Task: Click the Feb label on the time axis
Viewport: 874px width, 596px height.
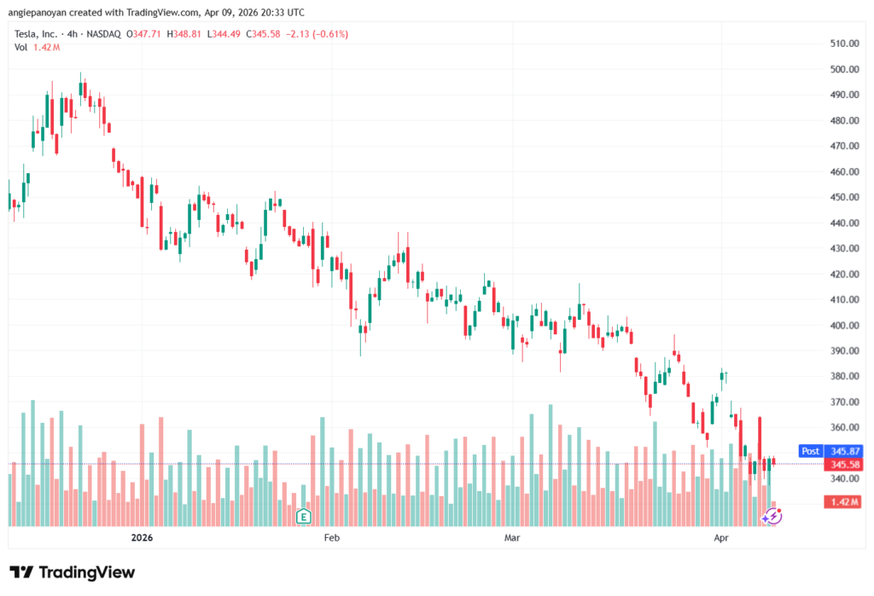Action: (x=331, y=538)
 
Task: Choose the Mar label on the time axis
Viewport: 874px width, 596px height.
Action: (x=512, y=538)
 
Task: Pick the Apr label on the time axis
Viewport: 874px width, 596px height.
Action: (x=721, y=538)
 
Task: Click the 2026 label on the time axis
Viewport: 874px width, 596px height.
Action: (x=142, y=538)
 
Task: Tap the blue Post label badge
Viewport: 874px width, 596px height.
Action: (x=810, y=450)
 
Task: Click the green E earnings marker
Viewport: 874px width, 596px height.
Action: (x=302, y=516)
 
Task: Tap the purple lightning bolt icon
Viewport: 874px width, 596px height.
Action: (x=772, y=515)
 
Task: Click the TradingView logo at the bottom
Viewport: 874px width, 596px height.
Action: (x=72, y=572)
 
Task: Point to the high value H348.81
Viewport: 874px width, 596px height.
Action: (x=184, y=34)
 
